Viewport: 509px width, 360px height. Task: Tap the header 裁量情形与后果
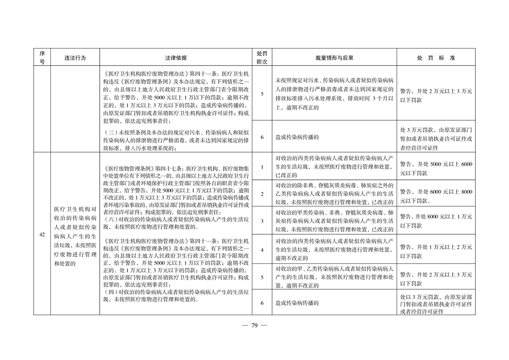pyautogui.click(x=334, y=58)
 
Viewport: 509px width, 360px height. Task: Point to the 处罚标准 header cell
pyautogui.click(x=436, y=58)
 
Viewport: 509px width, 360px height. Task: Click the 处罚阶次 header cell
pyautogui.click(x=262, y=58)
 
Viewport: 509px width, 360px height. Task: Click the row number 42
pyautogui.click(x=42, y=234)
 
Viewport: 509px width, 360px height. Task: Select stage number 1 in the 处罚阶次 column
pyautogui.click(x=262, y=167)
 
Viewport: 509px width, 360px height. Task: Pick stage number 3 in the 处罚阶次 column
pyautogui.click(x=262, y=221)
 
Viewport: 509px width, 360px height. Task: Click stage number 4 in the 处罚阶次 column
pyautogui.click(x=262, y=249)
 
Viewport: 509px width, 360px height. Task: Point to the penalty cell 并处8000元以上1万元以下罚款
pyautogui.click(x=436, y=221)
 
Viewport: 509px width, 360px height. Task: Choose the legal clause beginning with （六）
pyautogui.click(x=176, y=221)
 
